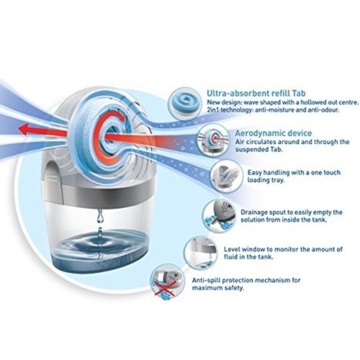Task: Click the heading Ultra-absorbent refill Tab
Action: (x=256, y=93)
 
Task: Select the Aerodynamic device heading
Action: (x=274, y=133)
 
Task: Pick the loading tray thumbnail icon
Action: (x=226, y=176)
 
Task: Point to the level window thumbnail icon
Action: (x=200, y=251)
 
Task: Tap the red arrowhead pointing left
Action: (x=25, y=129)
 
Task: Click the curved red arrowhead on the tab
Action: (x=123, y=119)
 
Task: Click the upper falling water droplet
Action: (x=99, y=217)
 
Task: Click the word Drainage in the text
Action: (x=254, y=213)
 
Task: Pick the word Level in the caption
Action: (x=232, y=249)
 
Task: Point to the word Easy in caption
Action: (x=254, y=173)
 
